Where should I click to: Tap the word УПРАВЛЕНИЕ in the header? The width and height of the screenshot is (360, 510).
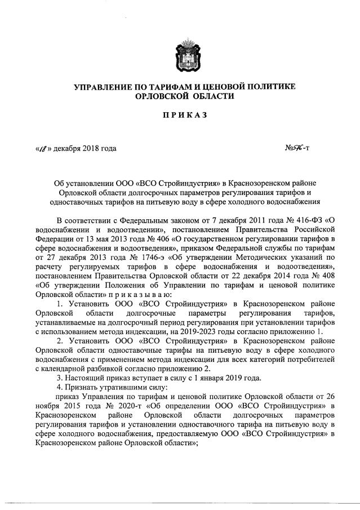coord(105,86)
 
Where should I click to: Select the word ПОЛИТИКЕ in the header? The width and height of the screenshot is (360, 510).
coord(264,86)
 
